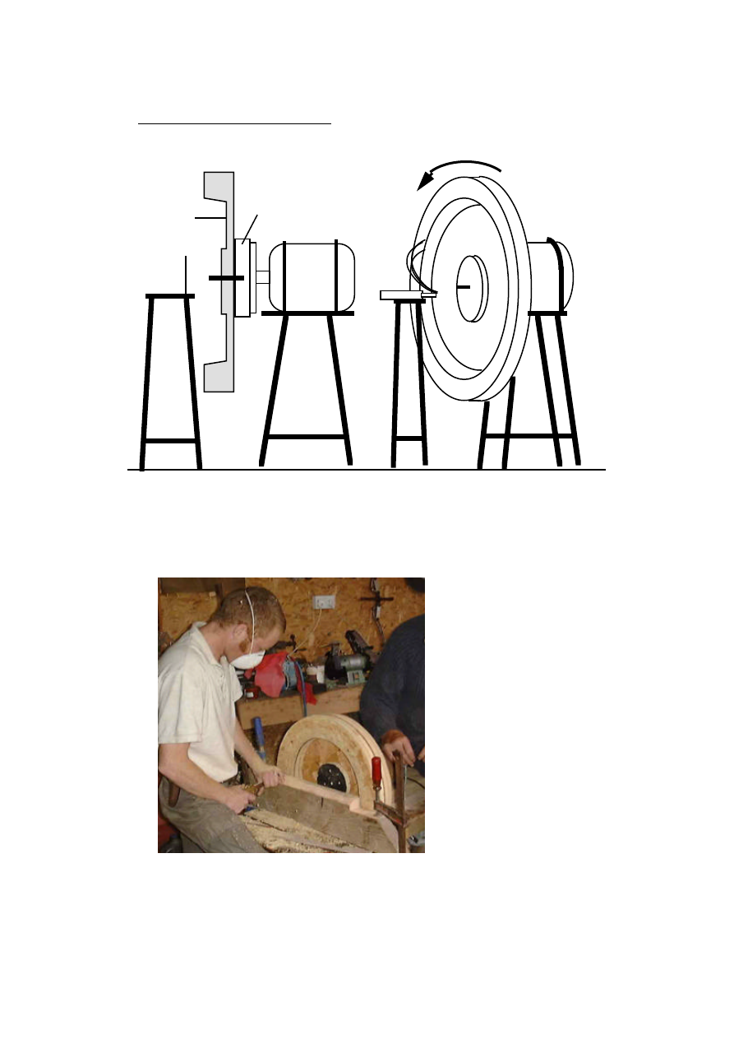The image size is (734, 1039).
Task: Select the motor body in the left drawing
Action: coord(311,277)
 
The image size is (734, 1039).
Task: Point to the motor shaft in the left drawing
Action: coord(261,277)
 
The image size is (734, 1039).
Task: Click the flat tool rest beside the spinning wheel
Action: coord(403,295)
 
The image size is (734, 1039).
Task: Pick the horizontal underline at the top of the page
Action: coord(234,124)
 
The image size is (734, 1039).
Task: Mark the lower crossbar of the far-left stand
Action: coord(171,441)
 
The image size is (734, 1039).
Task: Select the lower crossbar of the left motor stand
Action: coord(306,437)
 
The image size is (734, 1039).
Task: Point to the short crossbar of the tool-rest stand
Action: coord(409,439)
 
